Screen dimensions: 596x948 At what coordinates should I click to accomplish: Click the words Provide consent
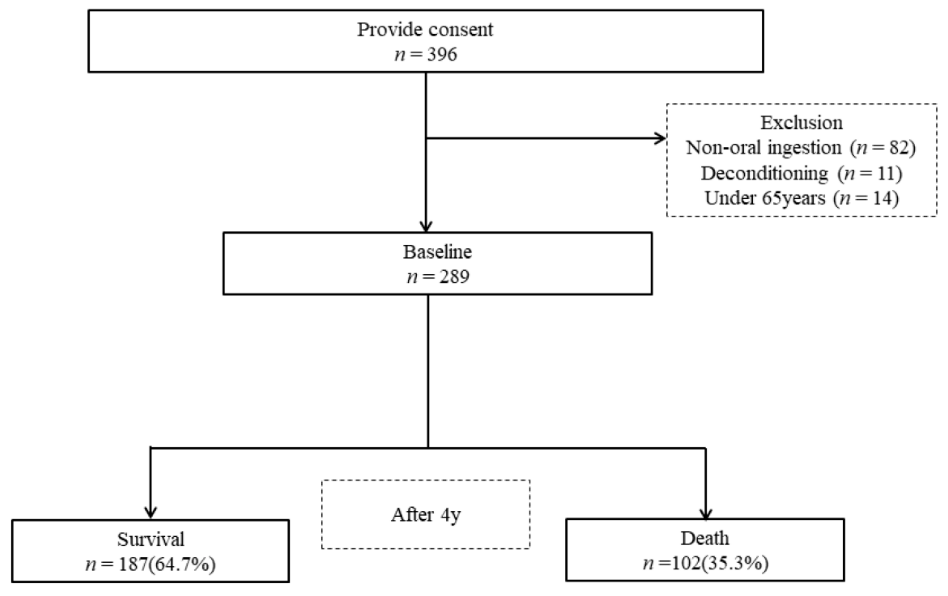coord(425,29)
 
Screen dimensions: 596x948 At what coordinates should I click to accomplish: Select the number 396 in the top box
coord(442,54)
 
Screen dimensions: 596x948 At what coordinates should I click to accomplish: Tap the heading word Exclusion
coord(801,123)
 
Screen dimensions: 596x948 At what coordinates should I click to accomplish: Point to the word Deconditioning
coord(764,173)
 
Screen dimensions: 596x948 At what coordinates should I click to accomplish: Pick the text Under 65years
coord(765,198)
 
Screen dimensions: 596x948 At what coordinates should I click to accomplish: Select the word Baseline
coord(437,252)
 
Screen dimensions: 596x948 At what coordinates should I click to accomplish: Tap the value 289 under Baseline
coord(454,277)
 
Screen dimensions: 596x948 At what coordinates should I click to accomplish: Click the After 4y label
coord(426,515)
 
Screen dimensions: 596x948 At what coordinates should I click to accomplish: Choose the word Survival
coord(150,539)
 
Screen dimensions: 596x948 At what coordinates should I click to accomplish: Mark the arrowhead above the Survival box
coord(150,513)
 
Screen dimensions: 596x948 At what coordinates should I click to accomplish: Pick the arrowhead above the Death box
coord(706,513)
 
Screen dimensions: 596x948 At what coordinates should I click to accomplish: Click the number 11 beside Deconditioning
coord(885,173)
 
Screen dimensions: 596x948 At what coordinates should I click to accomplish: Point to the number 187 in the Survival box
coord(133,564)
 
